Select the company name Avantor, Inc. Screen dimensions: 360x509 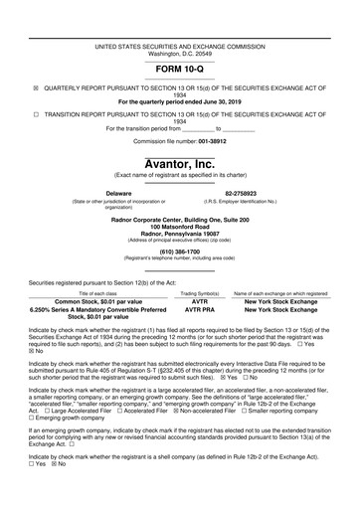click(180, 163)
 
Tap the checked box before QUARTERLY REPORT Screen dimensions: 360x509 click(37, 87)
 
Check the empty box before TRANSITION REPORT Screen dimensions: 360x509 click(37, 114)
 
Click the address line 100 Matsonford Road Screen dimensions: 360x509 click(180, 226)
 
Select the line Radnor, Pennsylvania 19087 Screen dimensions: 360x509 click(180, 233)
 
